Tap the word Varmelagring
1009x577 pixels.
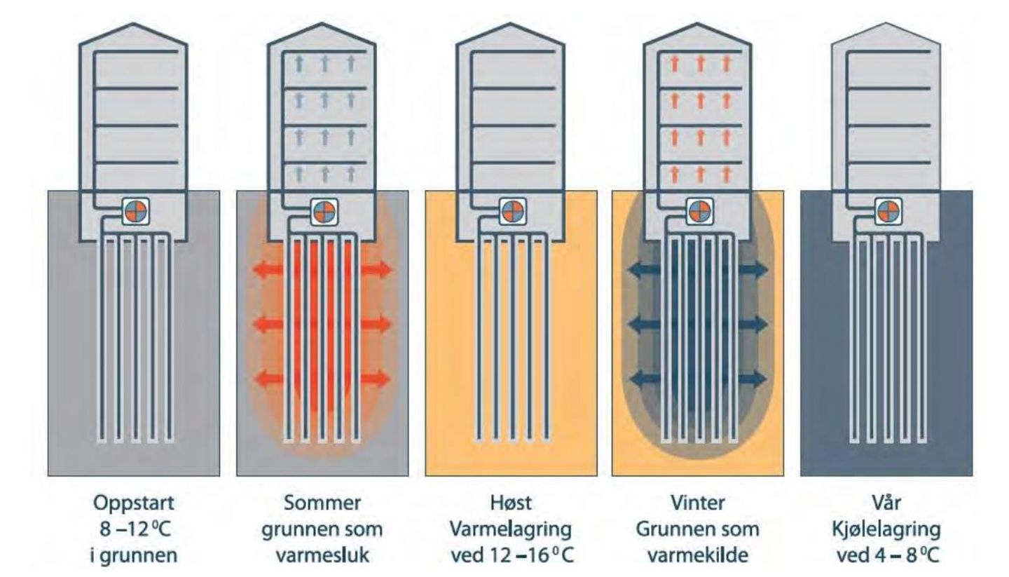click(x=511, y=529)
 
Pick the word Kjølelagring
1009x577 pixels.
click(x=887, y=529)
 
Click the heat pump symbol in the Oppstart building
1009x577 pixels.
click(x=133, y=211)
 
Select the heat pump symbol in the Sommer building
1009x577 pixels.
click(x=322, y=211)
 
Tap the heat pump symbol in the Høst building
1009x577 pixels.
click(x=510, y=211)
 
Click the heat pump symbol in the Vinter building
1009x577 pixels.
click(x=698, y=211)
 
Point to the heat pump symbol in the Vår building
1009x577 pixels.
click(x=886, y=211)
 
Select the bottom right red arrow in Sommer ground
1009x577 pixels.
click(x=378, y=379)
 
